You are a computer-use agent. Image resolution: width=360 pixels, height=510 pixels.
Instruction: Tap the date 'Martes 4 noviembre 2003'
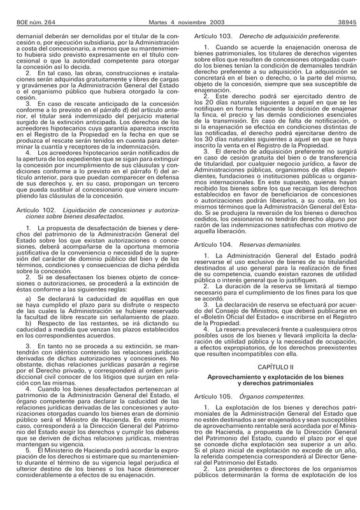180,6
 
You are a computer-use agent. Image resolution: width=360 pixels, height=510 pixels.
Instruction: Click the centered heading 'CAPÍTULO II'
271,368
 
